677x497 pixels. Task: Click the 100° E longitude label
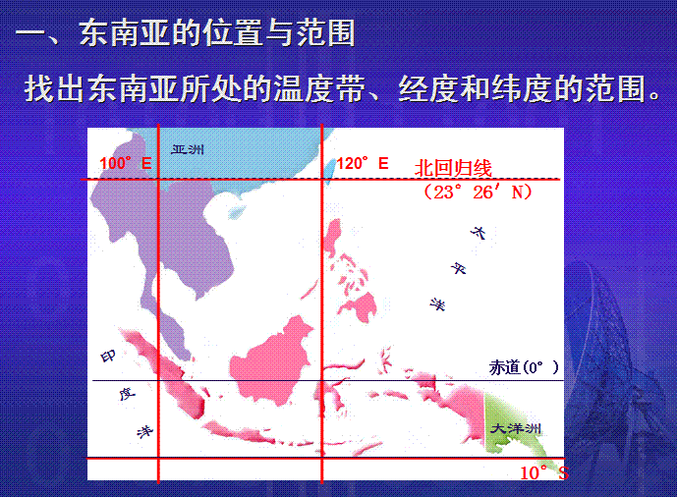[x=126, y=163]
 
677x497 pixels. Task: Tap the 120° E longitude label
[x=363, y=163]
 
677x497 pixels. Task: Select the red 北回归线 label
[x=453, y=167]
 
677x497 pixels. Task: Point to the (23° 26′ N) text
[x=478, y=192]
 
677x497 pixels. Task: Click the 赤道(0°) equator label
[x=524, y=367]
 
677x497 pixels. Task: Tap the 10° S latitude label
[x=544, y=472]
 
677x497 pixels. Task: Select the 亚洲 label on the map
[x=188, y=149]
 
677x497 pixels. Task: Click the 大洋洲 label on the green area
[x=516, y=428]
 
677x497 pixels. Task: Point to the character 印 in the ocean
[x=108, y=357]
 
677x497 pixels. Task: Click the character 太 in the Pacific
[x=478, y=233]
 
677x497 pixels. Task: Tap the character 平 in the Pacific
[x=459, y=268]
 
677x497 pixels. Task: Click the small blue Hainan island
[x=235, y=212]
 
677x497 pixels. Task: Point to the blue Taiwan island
[x=330, y=171]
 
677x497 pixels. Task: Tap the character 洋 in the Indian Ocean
[x=144, y=431]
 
